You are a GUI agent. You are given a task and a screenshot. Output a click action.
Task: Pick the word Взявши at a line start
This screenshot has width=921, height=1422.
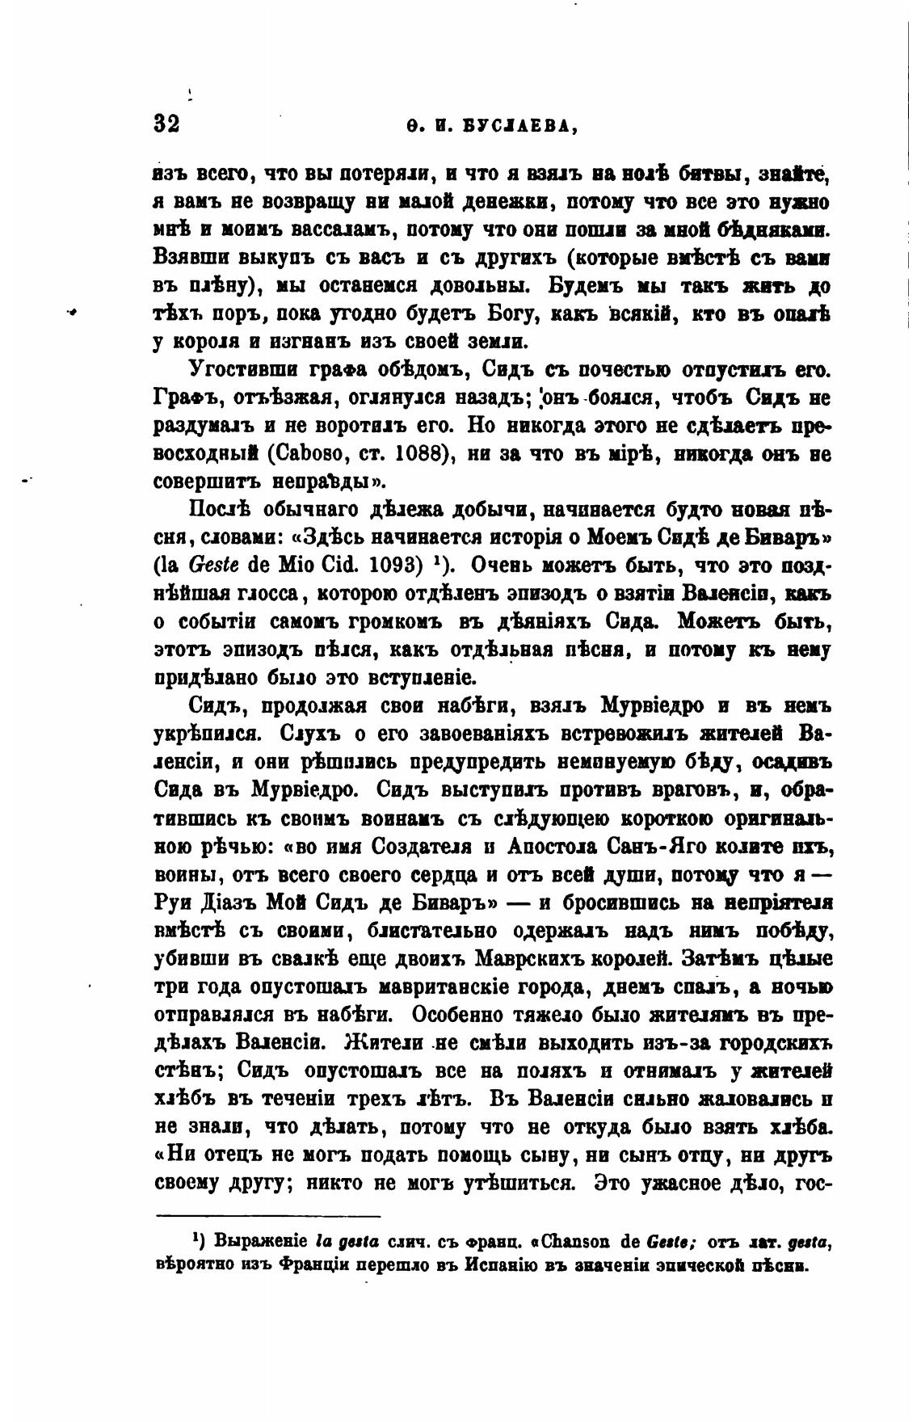191,259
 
